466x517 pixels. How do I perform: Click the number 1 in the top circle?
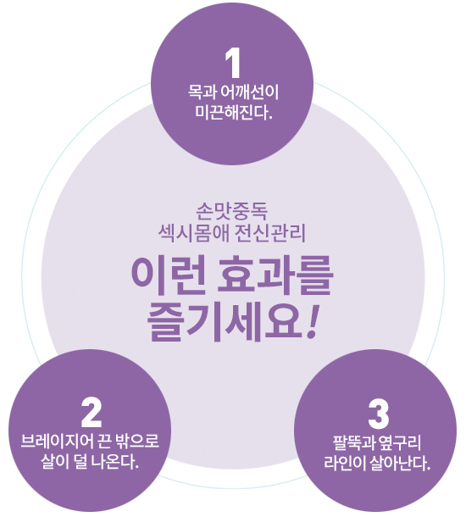(233, 63)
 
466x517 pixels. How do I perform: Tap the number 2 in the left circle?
(92, 412)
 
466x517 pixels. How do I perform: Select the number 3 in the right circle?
(379, 414)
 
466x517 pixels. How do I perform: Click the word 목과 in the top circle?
(202, 92)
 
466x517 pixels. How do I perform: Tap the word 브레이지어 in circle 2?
(58, 441)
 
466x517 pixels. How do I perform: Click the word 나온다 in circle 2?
(114, 462)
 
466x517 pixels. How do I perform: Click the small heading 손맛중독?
(231, 212)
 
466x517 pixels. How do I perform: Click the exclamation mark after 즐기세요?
(313, 322)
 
